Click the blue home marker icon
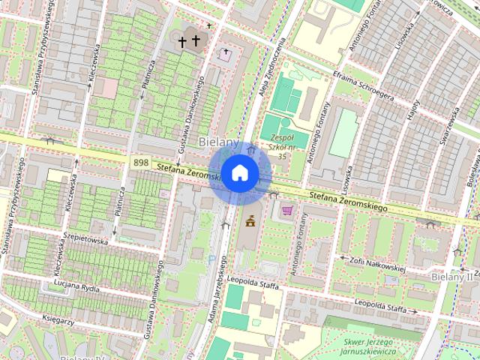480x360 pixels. pyautogui.click(x=239, y=173)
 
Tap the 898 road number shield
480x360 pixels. pyautogui.click(x=140, y=162)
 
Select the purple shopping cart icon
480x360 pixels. pyautogui.click(x=286, y=211)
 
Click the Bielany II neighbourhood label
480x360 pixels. pyautogui.click(x=454, y=277)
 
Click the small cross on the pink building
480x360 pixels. pyautogui.click(x=226, y=52)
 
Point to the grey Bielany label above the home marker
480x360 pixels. pyautogui.click(x=218, y=142)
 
